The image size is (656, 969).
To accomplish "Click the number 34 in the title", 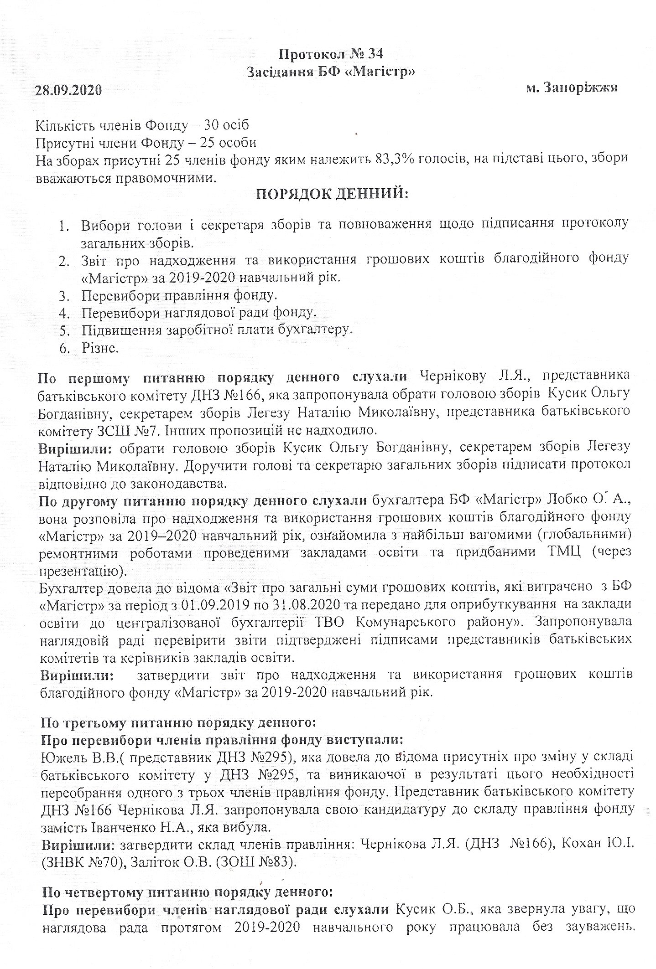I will pos(374,54).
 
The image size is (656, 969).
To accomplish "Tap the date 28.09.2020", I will pos(68,90).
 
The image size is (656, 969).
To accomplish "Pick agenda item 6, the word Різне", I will pos(100,348).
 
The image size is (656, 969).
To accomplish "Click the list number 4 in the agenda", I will pos(64,313).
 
